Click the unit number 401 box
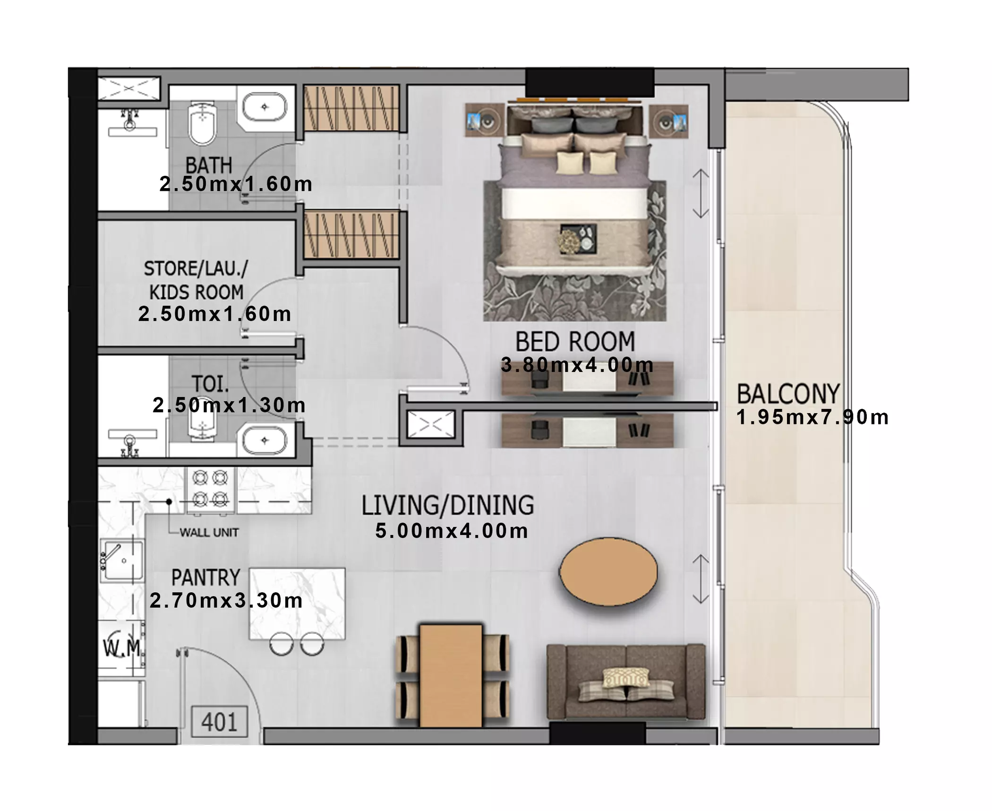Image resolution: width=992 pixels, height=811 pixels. [x=219, y=722]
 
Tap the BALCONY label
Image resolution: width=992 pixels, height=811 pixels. [x=788, y=394]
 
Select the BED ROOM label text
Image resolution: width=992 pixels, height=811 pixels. [x=575, y=341]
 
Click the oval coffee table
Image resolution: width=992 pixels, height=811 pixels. [x=608, y=571]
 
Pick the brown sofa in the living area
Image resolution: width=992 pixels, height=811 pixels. [x=626, y=682]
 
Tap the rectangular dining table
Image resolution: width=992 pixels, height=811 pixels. [x=451, y=675]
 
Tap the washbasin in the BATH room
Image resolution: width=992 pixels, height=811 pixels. [x=265, y=108]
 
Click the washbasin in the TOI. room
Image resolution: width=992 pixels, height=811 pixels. [x=265, y=440]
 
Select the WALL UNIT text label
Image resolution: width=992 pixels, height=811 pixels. [x=209, y=533]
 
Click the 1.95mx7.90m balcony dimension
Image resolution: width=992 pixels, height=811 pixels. [x=812, y=417]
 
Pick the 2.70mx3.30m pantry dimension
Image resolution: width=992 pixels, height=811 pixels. [x=226, y=601]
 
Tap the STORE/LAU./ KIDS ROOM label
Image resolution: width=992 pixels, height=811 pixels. [x=196, y=280]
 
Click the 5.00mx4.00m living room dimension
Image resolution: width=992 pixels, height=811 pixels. [x=452, y=531]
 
